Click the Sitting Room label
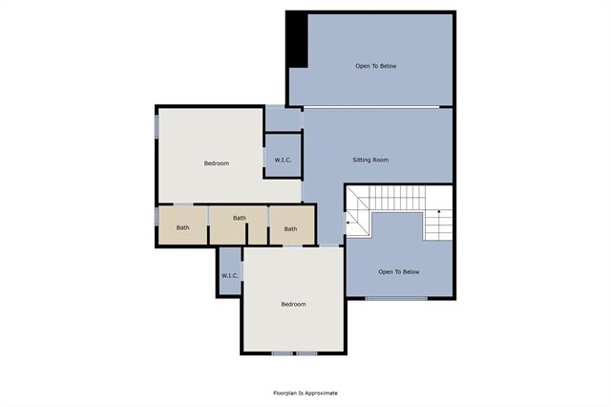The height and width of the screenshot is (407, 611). point(370,160)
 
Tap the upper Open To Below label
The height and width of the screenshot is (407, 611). point(375,66)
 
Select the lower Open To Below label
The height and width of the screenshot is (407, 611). point(398,272)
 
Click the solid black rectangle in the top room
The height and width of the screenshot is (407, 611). point(298,39)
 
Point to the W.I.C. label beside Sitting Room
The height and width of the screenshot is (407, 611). point(283,160)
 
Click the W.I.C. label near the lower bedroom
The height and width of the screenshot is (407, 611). point(229,276)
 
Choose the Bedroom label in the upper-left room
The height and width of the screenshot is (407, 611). point(217,163)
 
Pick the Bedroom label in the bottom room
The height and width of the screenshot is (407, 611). point(293,304)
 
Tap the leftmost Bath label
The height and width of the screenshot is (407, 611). point(182,227)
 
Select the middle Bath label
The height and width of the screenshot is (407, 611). point(239,218)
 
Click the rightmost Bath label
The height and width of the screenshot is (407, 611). point(290,228)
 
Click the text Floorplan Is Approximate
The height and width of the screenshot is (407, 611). point(305,393)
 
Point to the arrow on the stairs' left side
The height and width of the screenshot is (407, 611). point(349,223)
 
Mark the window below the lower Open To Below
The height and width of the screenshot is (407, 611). point(397,299)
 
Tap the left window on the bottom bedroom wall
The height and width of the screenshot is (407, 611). point(282,353)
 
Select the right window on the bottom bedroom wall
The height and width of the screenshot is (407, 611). point(305,353)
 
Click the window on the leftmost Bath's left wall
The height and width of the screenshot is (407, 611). point(157,218)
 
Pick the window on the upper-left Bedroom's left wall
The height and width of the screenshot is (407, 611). point(157,127)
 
